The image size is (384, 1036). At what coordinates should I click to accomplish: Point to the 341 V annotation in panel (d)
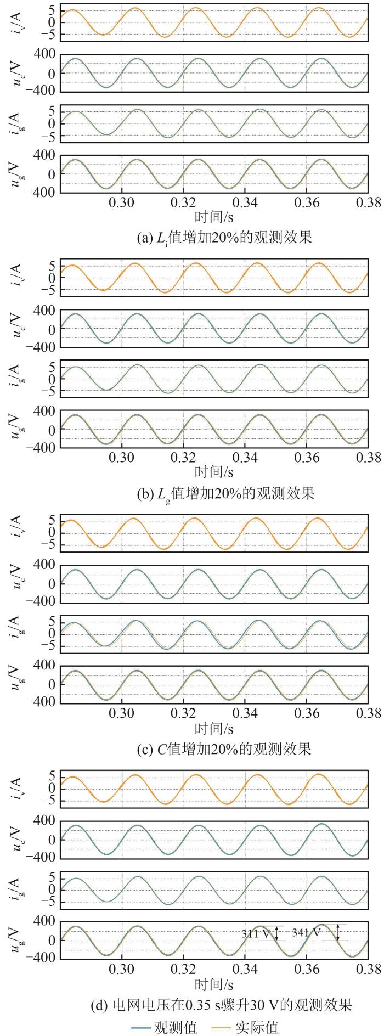coord(307,948)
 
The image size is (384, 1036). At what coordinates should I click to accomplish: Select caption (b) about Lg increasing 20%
coord(225,493)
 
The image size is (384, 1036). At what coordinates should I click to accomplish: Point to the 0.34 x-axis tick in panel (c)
coord(245,713)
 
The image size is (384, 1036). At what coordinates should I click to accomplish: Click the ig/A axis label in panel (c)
coord(17,634)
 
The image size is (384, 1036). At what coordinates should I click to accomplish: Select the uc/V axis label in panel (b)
coord(17,328)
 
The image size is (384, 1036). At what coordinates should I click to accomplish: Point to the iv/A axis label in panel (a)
coord(17,22)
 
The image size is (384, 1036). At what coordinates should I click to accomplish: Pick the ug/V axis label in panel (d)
coord(17,939)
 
